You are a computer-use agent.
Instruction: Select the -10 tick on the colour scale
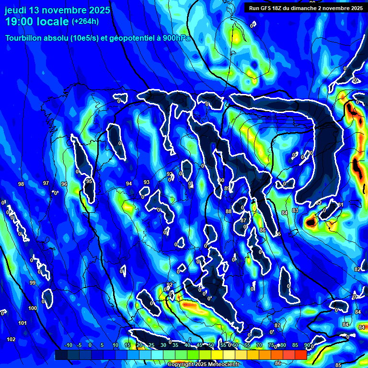pyautogui.click(x=68, y=345)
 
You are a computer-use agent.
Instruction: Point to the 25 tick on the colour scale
pyautogui.click(x=151, y=345)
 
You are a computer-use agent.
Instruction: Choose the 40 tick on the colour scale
pyautogui.click(x=187, y=345)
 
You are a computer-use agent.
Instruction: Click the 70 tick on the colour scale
pyautogui.click(x=259, y=345)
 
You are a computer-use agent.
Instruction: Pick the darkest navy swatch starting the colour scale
pyautogui.click(x=61, y=355)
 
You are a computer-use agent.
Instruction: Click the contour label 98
pyautogui.click(x=21, y=184)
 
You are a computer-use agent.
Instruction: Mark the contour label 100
pyautogui.click(x=33, y=308)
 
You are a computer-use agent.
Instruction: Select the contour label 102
pyautogui.click(x=11, y=339)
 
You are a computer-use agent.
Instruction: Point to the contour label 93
pyautogui.click(x=147, y=182)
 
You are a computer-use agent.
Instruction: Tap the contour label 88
pyautogui.click(x=229, y=211)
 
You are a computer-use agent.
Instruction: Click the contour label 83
pyautogui.click(x=295, y=210)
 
